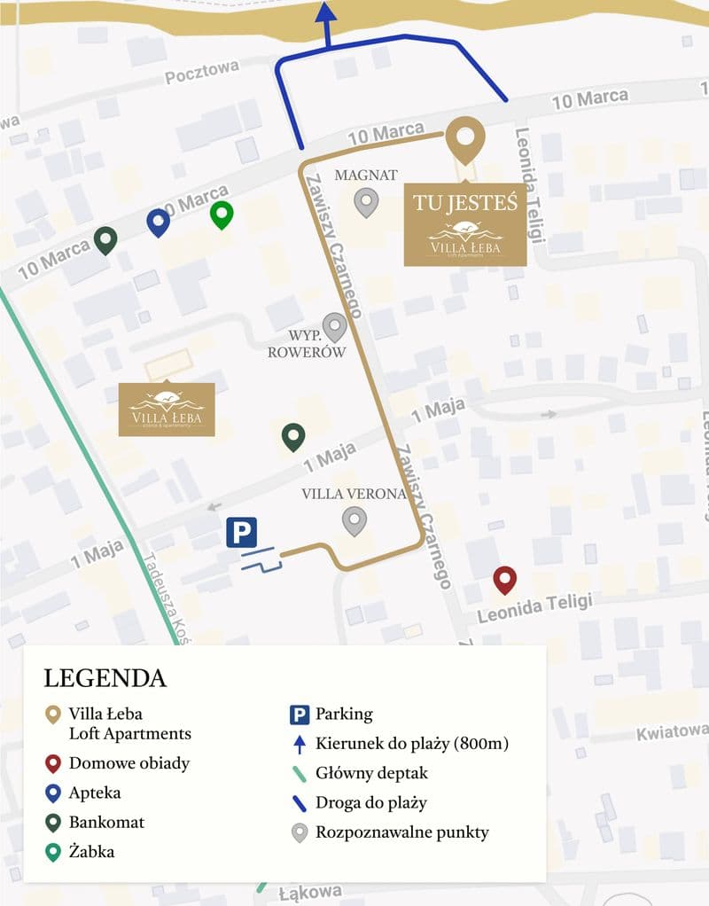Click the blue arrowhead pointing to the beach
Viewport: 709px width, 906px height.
point(326,12)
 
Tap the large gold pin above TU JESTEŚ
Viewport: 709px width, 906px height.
point(465,137)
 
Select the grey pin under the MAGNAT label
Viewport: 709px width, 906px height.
point(366,202)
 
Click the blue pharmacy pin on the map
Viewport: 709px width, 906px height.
point(159,222)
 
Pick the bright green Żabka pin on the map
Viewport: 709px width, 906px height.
point(222,214)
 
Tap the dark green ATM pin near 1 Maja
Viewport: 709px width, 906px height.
point(293,436)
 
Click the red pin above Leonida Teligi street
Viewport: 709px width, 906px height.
point(505,580)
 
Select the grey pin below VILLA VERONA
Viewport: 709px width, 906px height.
point(354,520)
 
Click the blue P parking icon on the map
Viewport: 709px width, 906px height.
point(241,533)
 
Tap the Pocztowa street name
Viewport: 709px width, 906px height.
point(202,73)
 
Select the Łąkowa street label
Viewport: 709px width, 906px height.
point(309,891)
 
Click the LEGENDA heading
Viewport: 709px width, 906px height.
point(105,678)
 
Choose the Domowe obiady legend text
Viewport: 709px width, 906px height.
point(129,762)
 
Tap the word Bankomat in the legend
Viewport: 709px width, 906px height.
point(106,822)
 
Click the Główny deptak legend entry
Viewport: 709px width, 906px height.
point(371,773)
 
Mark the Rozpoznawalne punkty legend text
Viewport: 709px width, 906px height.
point(401,832)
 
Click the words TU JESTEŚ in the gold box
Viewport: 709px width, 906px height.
point(465,202)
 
